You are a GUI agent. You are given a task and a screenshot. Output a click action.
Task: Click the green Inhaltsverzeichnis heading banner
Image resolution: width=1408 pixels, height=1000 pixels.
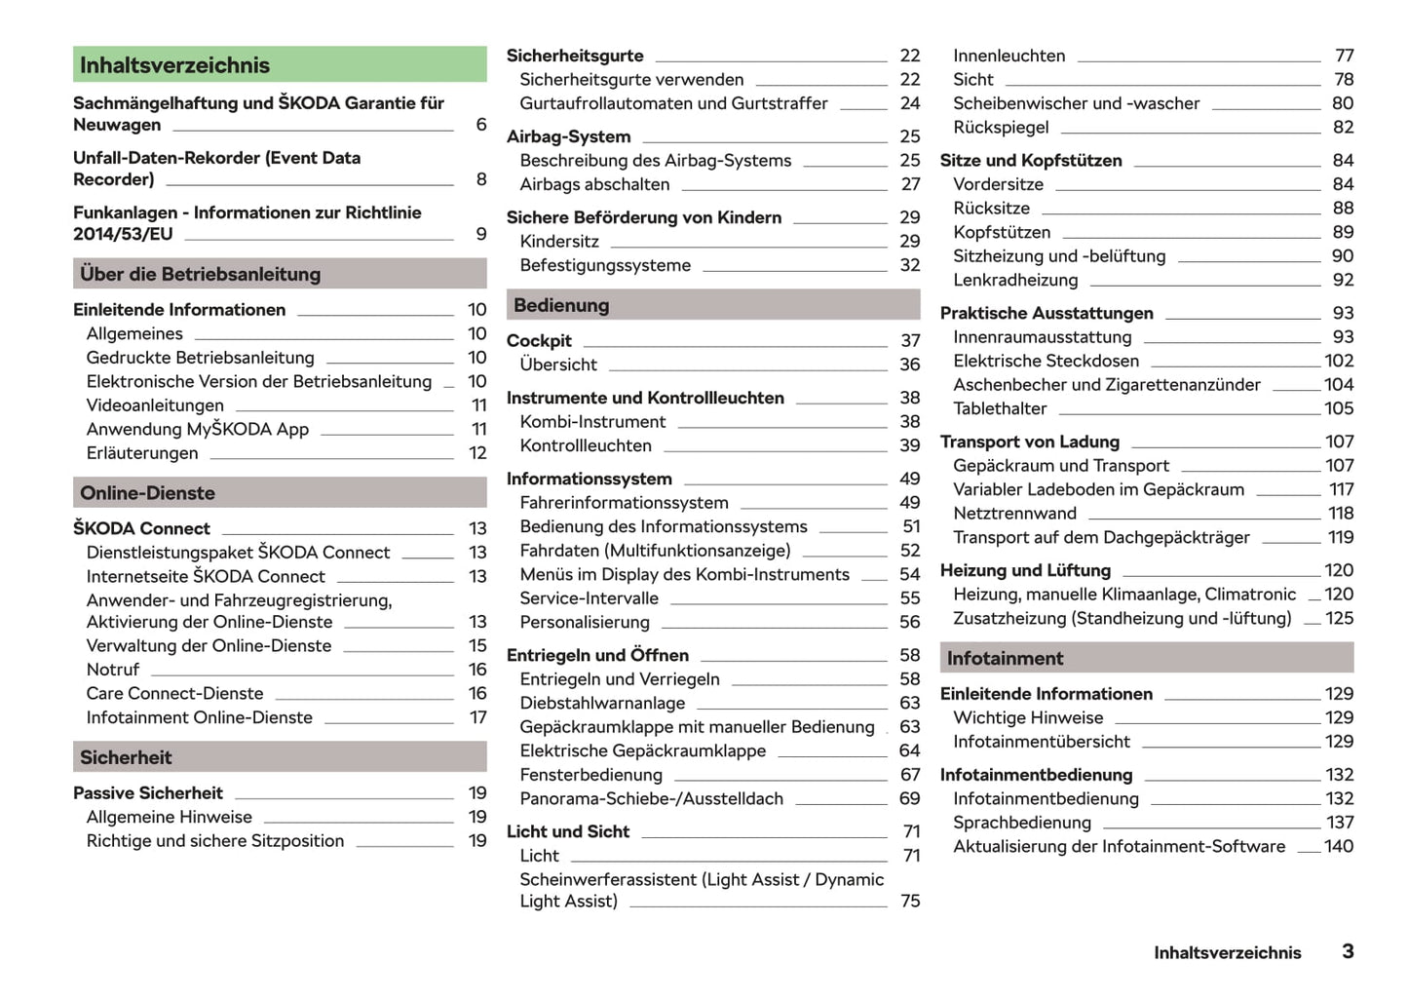pos(280,65)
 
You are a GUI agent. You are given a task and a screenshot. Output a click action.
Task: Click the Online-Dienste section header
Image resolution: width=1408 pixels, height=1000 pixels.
pos(280,493)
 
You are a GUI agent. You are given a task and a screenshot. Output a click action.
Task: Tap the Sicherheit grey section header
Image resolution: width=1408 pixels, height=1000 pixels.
pos(280,757)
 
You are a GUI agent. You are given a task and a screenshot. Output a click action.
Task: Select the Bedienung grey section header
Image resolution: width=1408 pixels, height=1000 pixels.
pos(712,305)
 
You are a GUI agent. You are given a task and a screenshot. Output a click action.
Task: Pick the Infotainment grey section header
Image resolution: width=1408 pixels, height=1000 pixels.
pos(1146,658)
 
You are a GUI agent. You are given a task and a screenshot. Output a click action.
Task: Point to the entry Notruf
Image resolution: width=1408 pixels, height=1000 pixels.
pos(112,670)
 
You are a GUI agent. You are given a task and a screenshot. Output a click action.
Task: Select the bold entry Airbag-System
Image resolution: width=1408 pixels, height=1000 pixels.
pos(568,136)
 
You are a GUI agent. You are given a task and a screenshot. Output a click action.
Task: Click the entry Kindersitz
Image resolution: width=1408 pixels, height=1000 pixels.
pos(559,241)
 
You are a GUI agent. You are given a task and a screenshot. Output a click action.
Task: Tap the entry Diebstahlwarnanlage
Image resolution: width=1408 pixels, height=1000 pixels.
pos(602,703)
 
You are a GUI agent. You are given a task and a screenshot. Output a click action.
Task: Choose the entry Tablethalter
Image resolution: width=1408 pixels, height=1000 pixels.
pos(1000,408)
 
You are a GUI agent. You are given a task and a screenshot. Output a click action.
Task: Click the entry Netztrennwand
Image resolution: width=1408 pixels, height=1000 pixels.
pos(1014,514)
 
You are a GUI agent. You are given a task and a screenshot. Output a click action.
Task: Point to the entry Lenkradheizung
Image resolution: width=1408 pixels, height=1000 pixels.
pos(1015,280)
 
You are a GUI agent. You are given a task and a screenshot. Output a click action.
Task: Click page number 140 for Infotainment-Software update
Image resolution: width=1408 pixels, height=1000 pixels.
pos(1339,846)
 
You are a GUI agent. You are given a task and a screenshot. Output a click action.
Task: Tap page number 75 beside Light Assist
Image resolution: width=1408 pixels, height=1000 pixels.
pos(910,901)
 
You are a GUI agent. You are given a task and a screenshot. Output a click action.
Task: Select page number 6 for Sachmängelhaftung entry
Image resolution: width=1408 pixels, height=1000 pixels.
pos(480,125)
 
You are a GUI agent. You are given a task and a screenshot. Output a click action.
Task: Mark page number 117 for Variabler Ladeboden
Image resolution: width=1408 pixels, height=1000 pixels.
pos(1341,489)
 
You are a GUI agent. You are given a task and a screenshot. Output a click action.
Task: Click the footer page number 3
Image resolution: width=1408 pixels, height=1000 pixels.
pos(1348,951)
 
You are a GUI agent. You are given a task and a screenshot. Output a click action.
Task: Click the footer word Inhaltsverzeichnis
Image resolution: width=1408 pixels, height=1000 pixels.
pos(1227,952)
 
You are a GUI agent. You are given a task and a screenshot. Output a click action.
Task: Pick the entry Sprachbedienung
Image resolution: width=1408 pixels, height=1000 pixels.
pos(1022,823)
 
